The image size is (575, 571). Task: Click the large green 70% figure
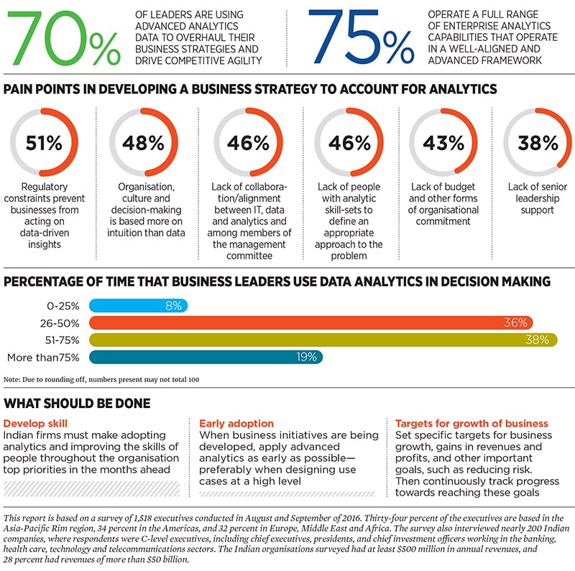coord(64,39)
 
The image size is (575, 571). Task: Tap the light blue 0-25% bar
coord(138,305)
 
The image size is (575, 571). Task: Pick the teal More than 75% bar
coord(206,357)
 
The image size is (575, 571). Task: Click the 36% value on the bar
coord(515,322)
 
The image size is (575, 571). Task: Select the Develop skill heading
coord(36,423)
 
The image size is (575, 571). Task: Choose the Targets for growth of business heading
coord(471,423)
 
